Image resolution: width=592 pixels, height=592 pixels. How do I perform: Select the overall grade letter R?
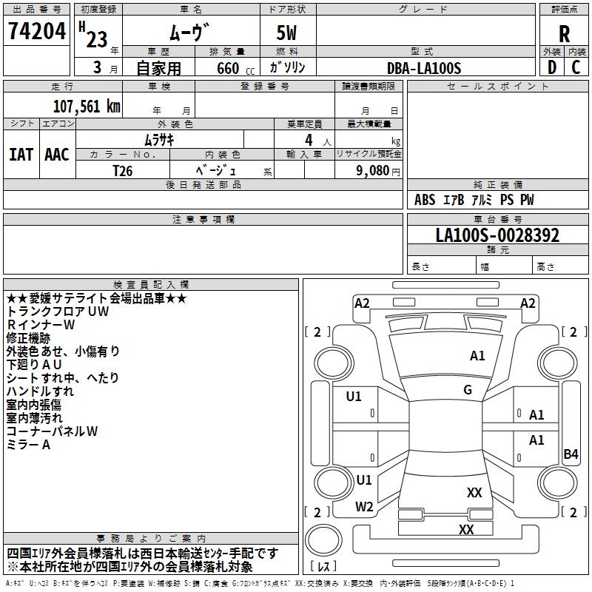click(x=564, y=34)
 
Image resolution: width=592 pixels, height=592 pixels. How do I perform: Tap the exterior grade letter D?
click(x=551, y=67)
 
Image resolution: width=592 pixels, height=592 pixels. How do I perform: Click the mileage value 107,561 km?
click(x=87, y=107)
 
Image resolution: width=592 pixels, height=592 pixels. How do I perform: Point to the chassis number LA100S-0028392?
click(x=497, y=236)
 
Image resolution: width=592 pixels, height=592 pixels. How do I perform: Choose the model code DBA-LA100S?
click(x=424, y=68)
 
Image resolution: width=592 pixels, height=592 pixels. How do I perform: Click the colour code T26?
click(x=124, y=169)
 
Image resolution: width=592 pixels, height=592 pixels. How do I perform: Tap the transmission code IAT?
click(x=21, y=155)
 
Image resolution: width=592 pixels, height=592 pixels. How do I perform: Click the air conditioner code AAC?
click(x=57, y=155)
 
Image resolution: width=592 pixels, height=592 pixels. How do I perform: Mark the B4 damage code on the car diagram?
click(x=571, y=454)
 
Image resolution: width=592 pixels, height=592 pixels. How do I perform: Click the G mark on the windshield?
click(x=468, y=390)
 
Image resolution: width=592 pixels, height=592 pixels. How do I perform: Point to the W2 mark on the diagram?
click(x=364, y=507)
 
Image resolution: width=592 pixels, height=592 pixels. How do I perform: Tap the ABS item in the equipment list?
click(x=425, y=200)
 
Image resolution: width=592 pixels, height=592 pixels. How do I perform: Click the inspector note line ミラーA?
click(x=28, y=445)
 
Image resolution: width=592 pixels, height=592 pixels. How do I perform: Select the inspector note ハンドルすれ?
click(x=40, y=391)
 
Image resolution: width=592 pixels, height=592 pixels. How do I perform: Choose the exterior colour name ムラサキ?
click(x=160, y=139)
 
